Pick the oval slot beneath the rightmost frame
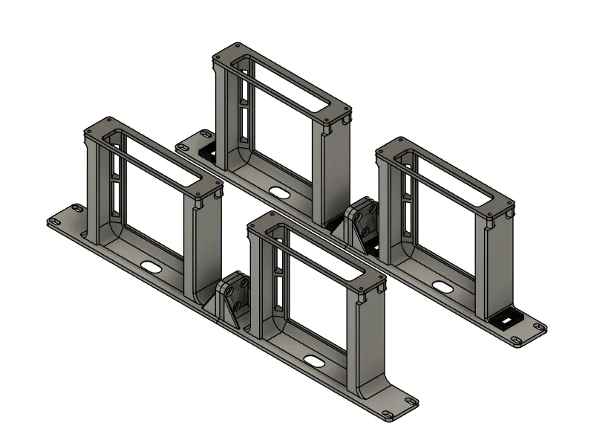coord(443,287)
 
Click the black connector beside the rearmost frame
coord(208,151)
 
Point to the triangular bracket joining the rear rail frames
coord(362,223)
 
